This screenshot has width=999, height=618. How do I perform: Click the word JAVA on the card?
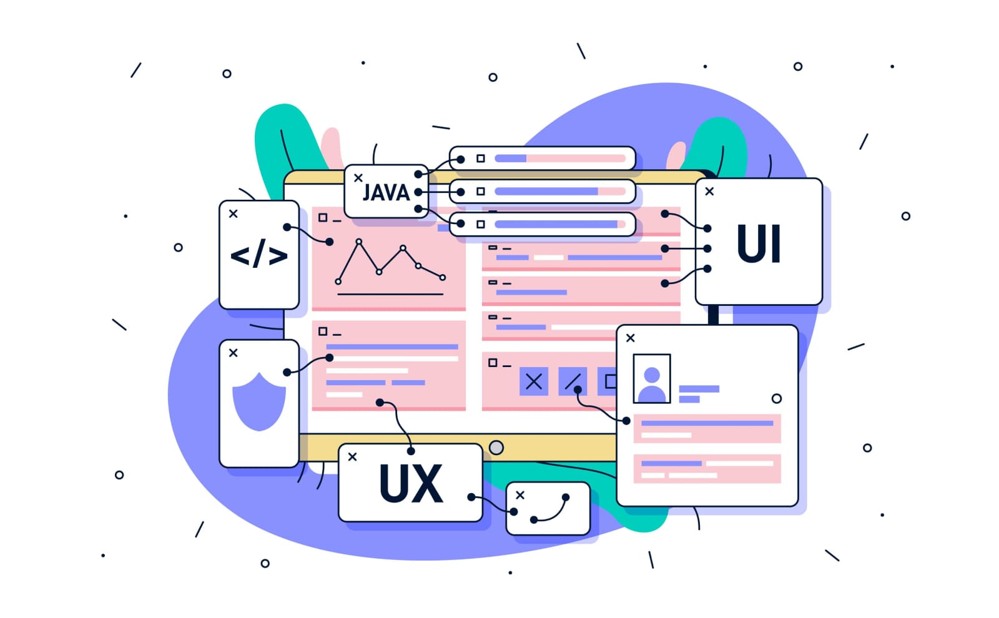click(x=386, y=192)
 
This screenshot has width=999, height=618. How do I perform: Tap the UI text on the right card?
click(x=759, y=243)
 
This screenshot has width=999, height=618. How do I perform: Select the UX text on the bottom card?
click(x=411, y=484)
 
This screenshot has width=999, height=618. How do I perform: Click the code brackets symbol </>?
click(x=259, y=255)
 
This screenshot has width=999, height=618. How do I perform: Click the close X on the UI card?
click(x=709, y=192)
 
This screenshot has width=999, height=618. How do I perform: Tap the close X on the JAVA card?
click(x=358, y=178)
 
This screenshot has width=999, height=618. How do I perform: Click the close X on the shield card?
click(x=234, y=353)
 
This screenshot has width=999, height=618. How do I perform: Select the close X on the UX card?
click(x=352, y=457)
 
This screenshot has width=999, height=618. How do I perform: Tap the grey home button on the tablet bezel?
click(x=496, y=448)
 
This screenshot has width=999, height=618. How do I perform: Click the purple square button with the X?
click(x=534, y=381)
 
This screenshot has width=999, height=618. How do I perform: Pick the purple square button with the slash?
click(x=573, y=381)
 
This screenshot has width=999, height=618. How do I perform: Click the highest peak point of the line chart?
click(x=358, y=241)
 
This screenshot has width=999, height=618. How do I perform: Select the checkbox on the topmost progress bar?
click(x=481, y=159)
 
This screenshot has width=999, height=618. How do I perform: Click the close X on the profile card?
click(x=631, y=338)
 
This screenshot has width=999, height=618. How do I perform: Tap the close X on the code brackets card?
click(x=234, y=213)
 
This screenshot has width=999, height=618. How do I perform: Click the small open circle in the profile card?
click(x=777, y=398)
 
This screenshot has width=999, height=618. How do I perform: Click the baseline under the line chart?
click(x=390, y=294)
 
